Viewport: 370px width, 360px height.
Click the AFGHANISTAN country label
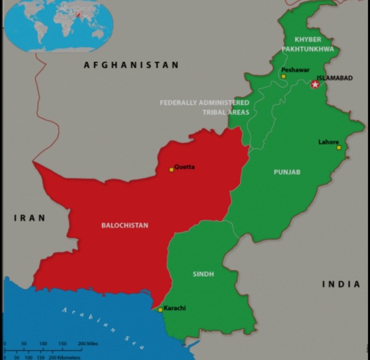(131, 65)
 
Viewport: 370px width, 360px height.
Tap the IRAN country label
(30, 218)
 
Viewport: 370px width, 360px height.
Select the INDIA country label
(341, 284)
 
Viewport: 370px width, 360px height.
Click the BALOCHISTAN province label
(124, 225)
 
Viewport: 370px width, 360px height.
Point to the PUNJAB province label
(287, 172)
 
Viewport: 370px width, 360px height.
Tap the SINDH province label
(203, 274)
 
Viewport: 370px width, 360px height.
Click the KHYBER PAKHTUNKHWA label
(308, 44)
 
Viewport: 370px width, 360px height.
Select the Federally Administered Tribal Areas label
(205, 107)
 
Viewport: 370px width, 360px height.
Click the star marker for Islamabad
(315, 84)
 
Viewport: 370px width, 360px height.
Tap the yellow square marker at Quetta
(171, 170)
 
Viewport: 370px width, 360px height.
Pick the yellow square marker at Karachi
(160, 310)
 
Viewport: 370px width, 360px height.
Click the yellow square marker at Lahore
(339, 148)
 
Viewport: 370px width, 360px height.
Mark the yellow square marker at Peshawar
(283, 77)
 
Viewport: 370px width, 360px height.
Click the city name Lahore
(328, 142)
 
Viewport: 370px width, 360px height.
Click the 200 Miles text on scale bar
(88, 344)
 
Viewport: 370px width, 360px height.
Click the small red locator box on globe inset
(79, 14)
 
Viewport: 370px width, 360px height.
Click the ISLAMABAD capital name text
(335, 78)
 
